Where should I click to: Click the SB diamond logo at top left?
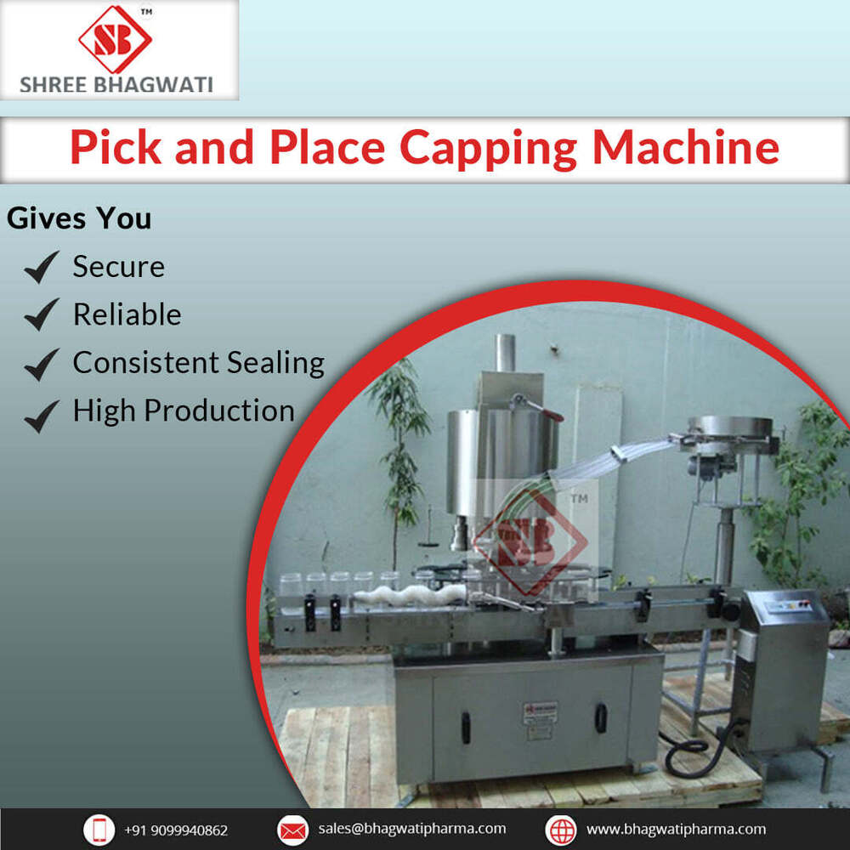click(x=115, y=38)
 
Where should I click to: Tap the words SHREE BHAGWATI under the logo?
click(x=117, y=85)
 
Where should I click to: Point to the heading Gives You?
click(x=79, y=218)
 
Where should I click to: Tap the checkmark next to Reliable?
click(x=41, y=315)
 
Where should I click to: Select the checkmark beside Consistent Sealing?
click(x=41, y=364)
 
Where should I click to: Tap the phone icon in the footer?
click(x=99, y=830)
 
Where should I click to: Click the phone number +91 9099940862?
click(x=176, y=830)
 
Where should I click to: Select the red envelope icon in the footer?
click(x=292, y=830)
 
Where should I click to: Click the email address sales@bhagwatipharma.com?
click(x=412, y=829)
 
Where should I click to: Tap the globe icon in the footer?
click(x=561, y=830)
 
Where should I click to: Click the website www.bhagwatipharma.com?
click(x=676, y=829)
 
